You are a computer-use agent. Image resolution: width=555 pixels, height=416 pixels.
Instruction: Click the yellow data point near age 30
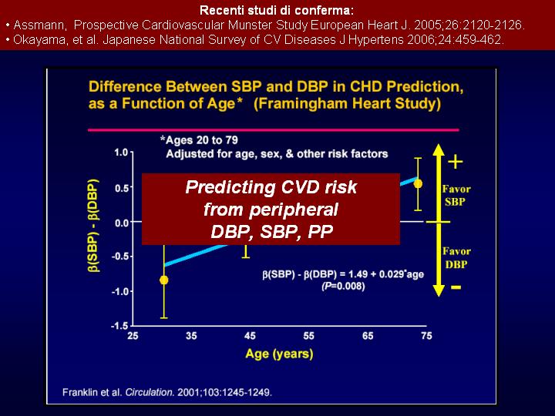(x=163, y=280)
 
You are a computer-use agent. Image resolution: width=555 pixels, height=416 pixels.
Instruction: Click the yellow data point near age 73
(x=418, y=183)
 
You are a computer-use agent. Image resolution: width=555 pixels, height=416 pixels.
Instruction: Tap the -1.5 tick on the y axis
(x=119, y=326)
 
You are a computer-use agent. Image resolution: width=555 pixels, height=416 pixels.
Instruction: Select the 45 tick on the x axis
(x=250, y=337)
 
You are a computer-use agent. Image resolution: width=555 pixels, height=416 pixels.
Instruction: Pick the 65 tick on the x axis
(x=368, y=337)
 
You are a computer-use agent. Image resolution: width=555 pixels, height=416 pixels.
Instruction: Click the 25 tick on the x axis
(x=133, y=337)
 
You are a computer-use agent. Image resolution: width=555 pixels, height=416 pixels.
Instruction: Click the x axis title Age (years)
(x=279, y=354)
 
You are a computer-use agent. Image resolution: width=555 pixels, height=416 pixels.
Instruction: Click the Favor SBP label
(x=456, y=195)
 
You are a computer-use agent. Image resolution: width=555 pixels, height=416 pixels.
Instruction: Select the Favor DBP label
(x=456, y=257)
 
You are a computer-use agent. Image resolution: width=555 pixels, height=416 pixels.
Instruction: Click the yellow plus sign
(x=456, y=162)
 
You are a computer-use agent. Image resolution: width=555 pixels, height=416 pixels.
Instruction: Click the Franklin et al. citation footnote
(x=166, y=392)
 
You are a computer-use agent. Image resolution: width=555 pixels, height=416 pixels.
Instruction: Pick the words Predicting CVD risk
(x=271, y=187)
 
